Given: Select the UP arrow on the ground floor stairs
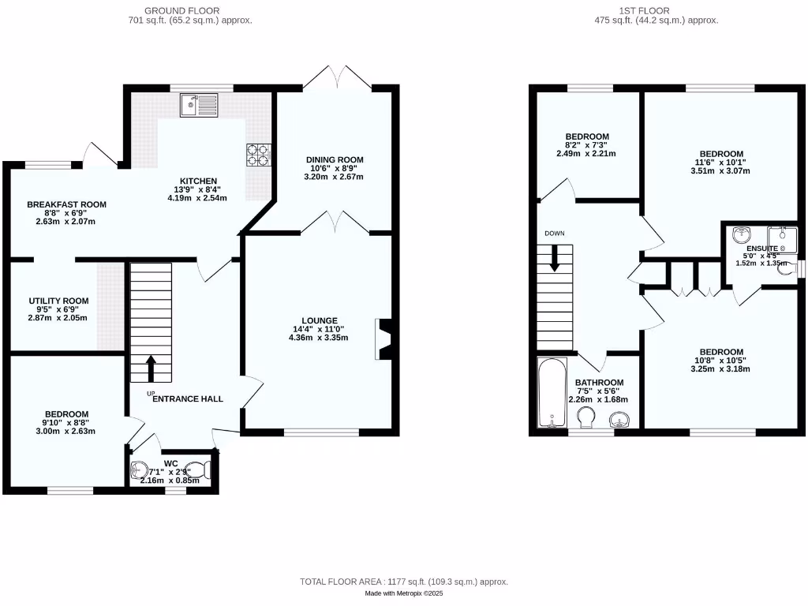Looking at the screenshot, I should (x=151, y=368).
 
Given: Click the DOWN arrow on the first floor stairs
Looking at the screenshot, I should (x=555, y=260).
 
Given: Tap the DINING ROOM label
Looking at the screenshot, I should (x=335, y=160).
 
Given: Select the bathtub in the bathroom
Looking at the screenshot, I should (x=551, y=394).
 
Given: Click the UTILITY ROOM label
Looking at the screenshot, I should (x=58, y=301).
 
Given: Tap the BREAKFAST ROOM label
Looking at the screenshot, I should (x=66, y=204).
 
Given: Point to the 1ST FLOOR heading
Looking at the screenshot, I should (x=656, y=10).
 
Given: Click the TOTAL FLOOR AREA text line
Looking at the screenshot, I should (x=403, y=582).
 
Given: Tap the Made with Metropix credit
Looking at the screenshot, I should (x=403, y=593).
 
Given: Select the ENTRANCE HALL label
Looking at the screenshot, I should (x=187, y=398).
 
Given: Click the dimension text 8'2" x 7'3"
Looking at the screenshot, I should (x=586, y=145).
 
